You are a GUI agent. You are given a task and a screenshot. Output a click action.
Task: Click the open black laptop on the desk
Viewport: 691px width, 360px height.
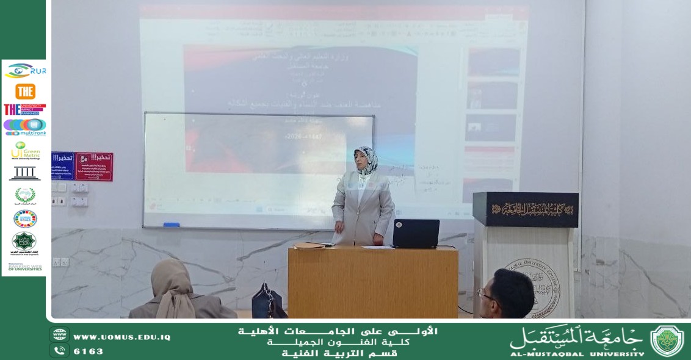click(416, 233)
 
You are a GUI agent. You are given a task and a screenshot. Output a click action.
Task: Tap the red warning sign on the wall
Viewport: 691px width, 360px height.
click(94, 167)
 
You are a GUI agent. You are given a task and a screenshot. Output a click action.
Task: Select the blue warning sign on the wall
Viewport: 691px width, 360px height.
click(62, 166)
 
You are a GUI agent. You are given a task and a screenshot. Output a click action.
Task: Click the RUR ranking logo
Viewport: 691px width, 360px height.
click(25, 71)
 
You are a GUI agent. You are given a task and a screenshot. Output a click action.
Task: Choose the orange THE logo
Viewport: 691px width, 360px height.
click(25, 92)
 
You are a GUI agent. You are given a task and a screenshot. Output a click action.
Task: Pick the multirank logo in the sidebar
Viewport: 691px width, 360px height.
click(25, 127)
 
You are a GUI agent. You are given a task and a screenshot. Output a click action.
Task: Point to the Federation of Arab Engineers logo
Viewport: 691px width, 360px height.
click(24, 243)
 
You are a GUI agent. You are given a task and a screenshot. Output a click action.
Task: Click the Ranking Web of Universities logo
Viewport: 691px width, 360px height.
click(25, 267)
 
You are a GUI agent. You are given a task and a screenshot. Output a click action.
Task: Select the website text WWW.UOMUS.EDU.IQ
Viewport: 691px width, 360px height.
click(121, 337)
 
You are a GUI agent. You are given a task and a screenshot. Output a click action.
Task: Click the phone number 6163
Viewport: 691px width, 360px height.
click(89, 351)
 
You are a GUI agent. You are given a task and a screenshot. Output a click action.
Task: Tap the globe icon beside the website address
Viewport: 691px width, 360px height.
click(59, 335)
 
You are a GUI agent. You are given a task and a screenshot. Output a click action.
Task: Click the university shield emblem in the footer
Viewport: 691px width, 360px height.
click(667, 341)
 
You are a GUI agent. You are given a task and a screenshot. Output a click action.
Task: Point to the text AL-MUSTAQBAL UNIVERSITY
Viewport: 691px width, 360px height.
click(577, 353)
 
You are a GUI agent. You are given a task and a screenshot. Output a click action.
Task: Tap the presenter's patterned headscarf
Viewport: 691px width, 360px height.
click(366, 160)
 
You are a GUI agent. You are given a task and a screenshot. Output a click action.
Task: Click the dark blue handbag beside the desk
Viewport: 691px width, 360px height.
click(267, 301)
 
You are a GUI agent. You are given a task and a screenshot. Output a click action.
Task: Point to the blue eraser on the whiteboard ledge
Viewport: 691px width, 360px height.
click(172, 225)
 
